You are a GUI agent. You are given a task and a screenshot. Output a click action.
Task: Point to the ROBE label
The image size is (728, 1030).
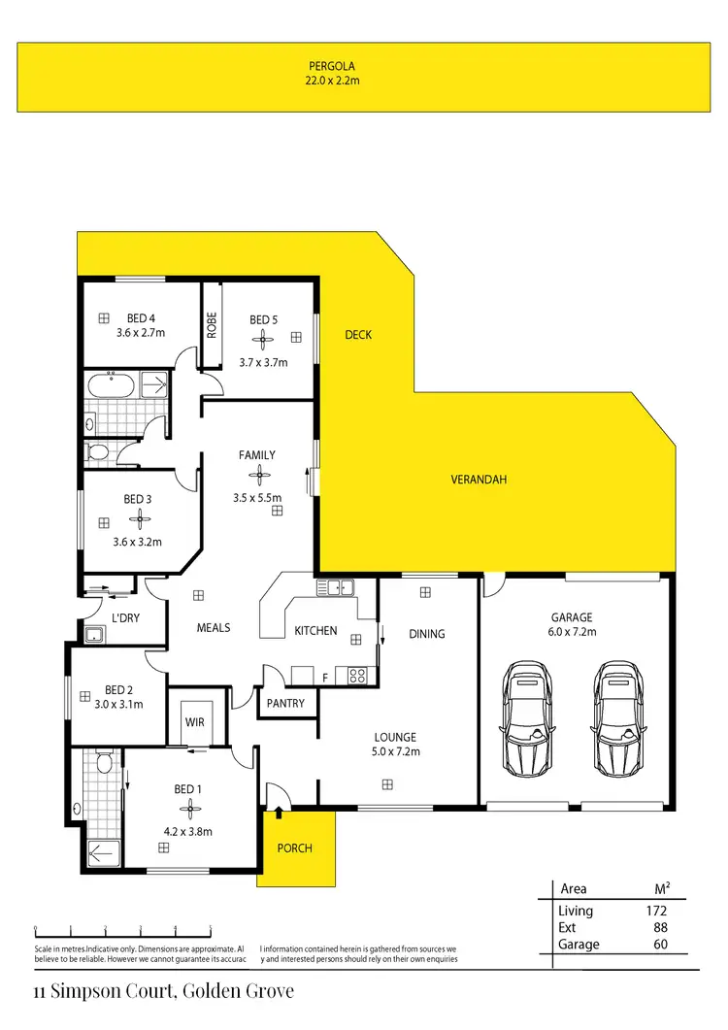210,323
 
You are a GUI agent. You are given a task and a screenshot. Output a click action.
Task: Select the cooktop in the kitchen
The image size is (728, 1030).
355,676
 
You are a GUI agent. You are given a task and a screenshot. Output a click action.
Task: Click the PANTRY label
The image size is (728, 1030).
285,703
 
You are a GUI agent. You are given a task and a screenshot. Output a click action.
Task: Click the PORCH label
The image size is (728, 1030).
295,848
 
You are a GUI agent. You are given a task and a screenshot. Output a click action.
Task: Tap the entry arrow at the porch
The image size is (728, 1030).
281,809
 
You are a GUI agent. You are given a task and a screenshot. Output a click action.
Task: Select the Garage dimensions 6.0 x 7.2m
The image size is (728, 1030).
571,631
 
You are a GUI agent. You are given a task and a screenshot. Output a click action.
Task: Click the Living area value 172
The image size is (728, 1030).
655,911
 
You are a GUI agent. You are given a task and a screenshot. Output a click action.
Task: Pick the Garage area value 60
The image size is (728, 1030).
659,944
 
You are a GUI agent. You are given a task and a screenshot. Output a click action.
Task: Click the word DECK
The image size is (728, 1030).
358,335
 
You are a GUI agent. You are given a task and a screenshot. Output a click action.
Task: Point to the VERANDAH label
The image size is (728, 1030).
479,480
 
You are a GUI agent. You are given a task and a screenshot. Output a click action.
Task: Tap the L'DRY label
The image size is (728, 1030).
126,618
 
